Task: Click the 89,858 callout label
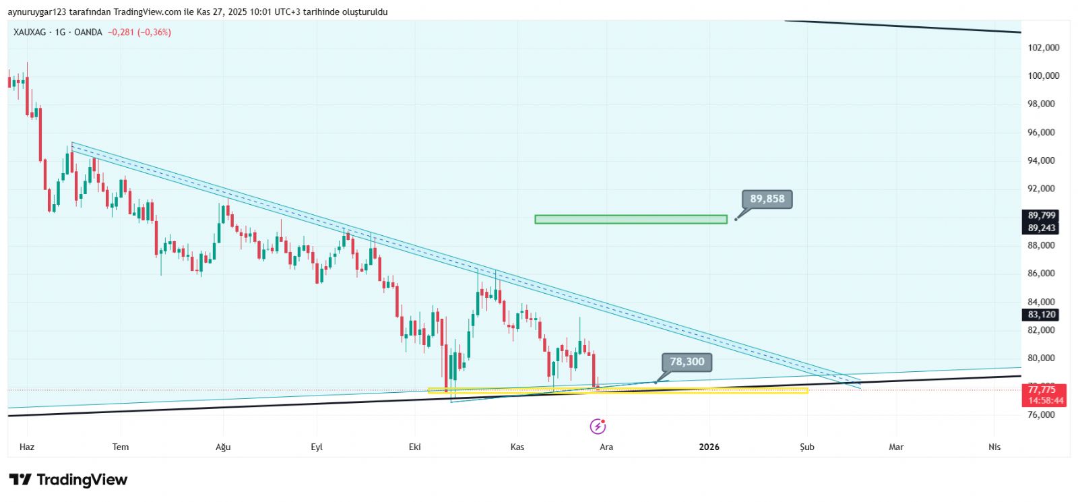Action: tap(767, 199)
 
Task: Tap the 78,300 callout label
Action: tap(687, 362)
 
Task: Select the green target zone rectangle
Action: tap(631, 219)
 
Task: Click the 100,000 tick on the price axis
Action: tap(1043, 75)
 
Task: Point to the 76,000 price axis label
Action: tap(1042, 414)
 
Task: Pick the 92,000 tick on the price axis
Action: tap(1042, 189)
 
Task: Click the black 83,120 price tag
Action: tap(1042, 315)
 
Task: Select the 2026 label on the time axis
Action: tap(709, 447)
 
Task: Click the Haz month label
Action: tap(27, 447)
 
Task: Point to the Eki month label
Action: tap(415, 447)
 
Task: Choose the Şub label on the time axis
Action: tap(806, 447)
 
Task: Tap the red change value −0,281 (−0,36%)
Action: tap(139, 32)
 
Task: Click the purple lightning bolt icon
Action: tap(598, 427)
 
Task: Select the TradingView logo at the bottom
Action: tap(68, 480)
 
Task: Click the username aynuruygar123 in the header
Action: tap(36, 11)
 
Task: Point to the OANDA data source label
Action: tap(88, 32)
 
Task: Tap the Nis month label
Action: tap(994, 447)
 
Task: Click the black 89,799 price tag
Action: tap(1042, 216)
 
